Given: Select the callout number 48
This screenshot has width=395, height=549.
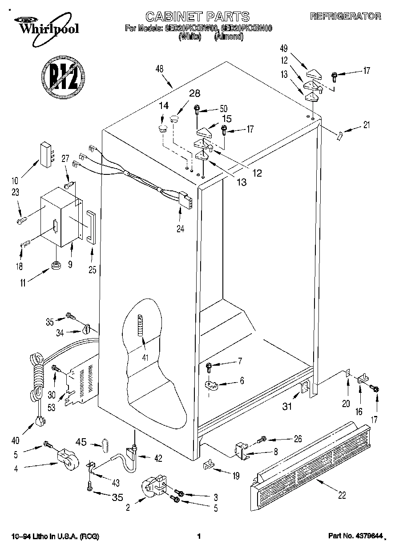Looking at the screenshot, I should pos(160,69).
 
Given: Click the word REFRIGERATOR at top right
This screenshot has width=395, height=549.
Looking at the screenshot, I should pos(345,16).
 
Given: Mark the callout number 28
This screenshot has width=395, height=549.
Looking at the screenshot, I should pos(182,93).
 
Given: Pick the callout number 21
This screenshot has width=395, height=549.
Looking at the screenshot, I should pos(366,125).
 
